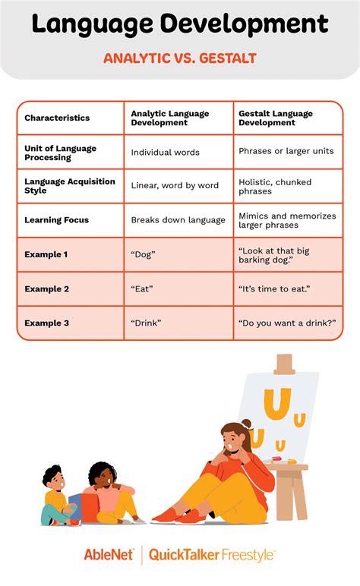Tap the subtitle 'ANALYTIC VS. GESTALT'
(x=180, y=58)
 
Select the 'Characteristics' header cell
(x=57, y=118)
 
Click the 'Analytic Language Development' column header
(x=169, y=118)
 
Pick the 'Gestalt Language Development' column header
(x=276, y=118)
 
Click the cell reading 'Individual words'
(x=166, y=152)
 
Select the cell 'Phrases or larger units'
(x=286, y=152)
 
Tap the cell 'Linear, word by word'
(x=175, y=186)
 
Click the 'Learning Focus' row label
(x=57, y=220)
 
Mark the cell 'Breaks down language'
(x=178, y=220)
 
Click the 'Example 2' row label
(x=47, y=288)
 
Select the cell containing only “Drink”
(x=147, y=323)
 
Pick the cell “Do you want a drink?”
(x=287, y=323)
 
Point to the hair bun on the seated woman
(x=245, y=424)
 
